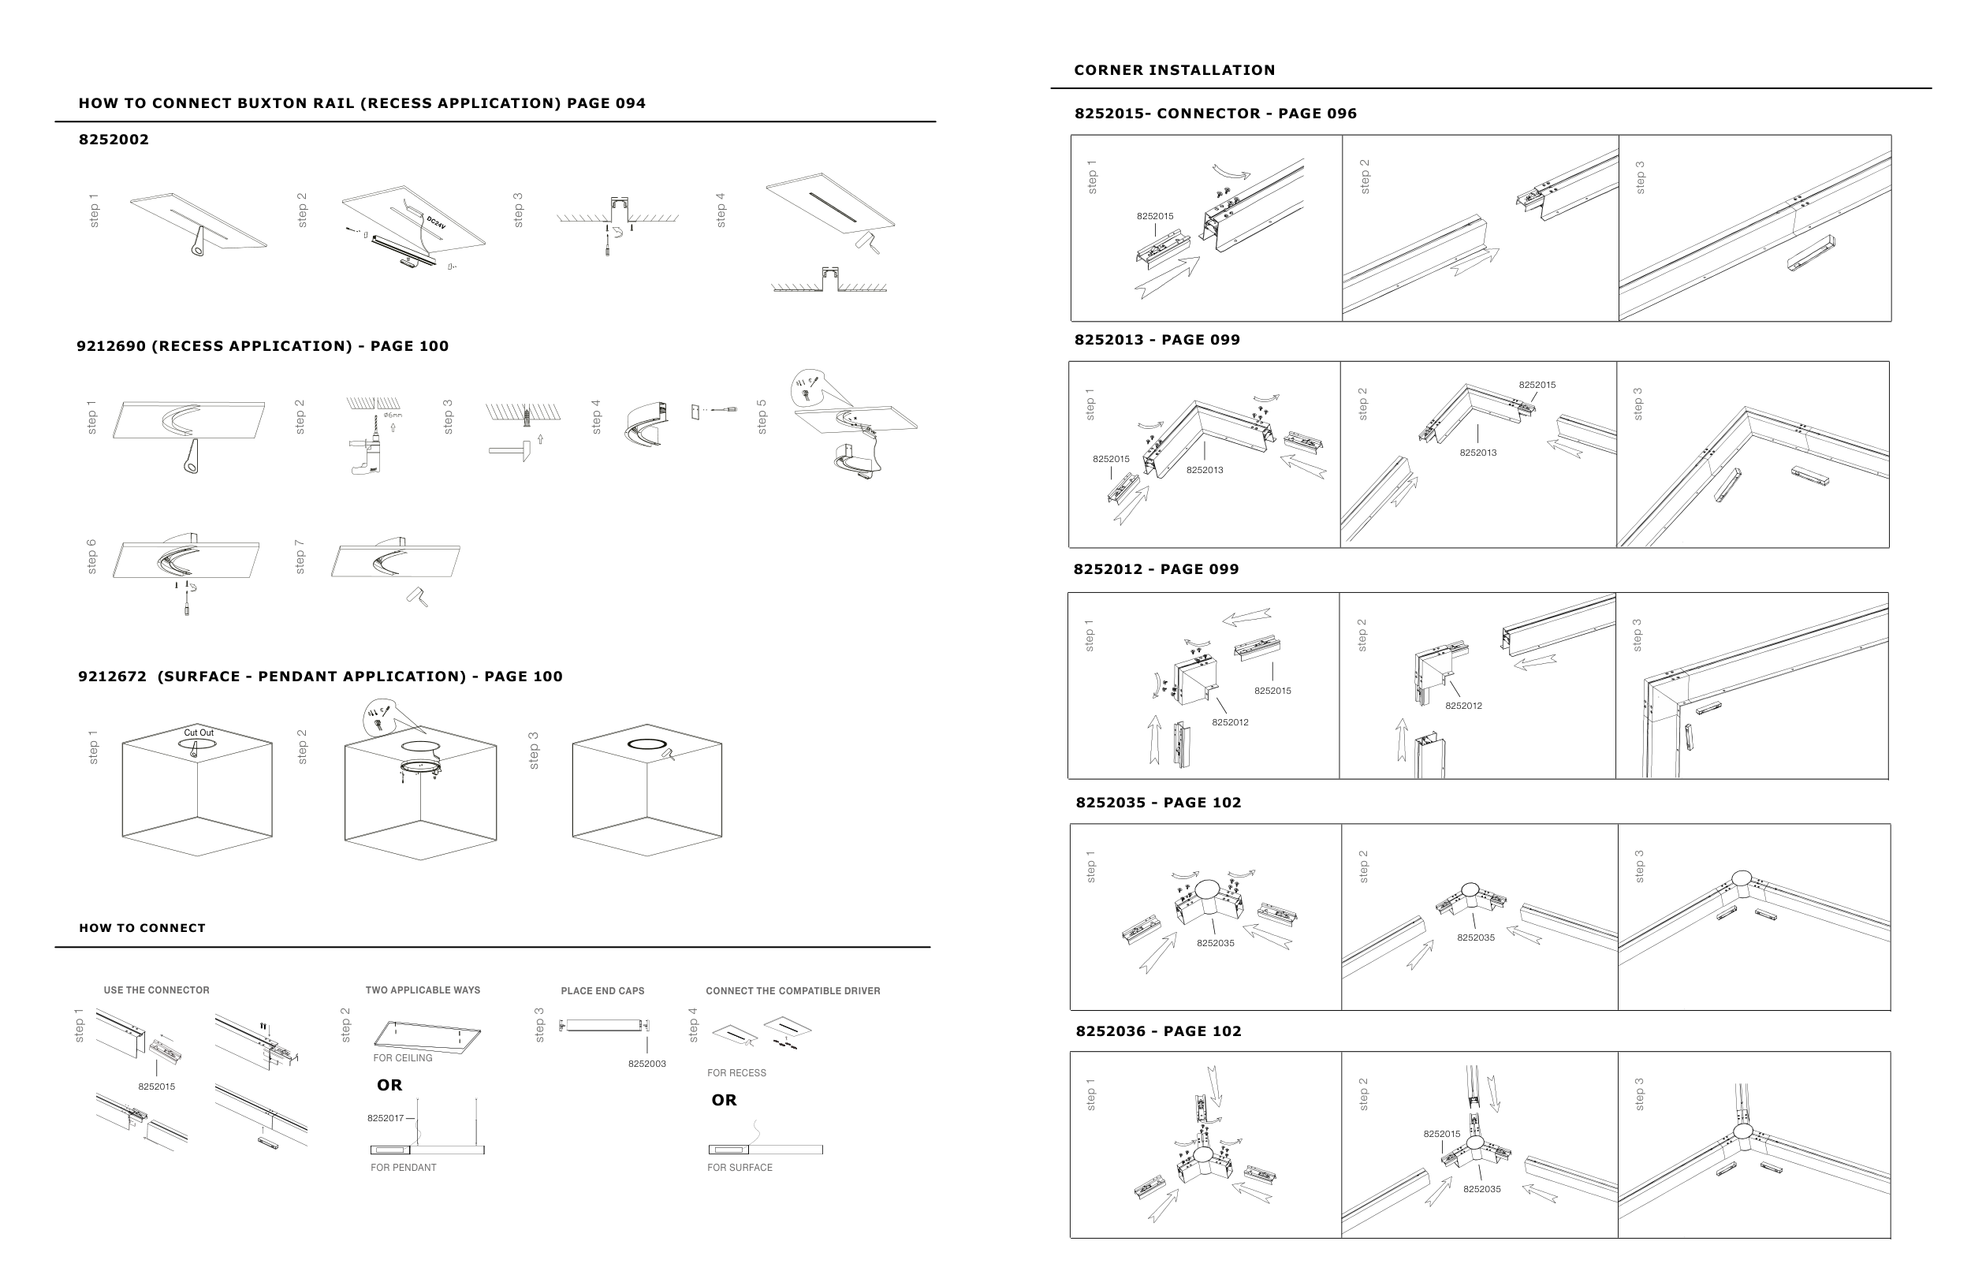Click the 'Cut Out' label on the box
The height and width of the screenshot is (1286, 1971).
(198, 732)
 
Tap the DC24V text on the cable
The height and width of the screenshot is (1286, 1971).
(436, 223)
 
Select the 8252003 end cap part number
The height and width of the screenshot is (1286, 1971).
(646, 1063)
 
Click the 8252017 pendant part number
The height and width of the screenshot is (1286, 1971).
(385, 1118)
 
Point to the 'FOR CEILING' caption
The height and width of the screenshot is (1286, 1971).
(403, 1057)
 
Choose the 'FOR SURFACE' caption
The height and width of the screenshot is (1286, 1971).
(740, 1168)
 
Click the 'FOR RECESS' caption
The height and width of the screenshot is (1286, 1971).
(736, 1073)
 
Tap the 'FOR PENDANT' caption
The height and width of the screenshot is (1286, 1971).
(404, 1168)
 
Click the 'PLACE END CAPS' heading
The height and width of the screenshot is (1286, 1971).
(602, 990)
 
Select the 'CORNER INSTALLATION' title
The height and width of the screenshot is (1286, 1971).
(1174, 70)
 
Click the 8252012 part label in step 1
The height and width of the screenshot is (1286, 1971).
(1230, 722)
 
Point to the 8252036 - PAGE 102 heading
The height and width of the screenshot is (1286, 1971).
(1157, 1031)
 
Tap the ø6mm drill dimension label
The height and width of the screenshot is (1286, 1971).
(393, 415)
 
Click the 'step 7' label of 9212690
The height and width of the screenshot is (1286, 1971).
(300, 557)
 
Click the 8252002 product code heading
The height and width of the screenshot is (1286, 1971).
(114, 139)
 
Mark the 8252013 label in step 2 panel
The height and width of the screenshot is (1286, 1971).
(1477, 453)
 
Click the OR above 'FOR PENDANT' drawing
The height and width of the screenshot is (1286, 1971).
(389, 1085)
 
